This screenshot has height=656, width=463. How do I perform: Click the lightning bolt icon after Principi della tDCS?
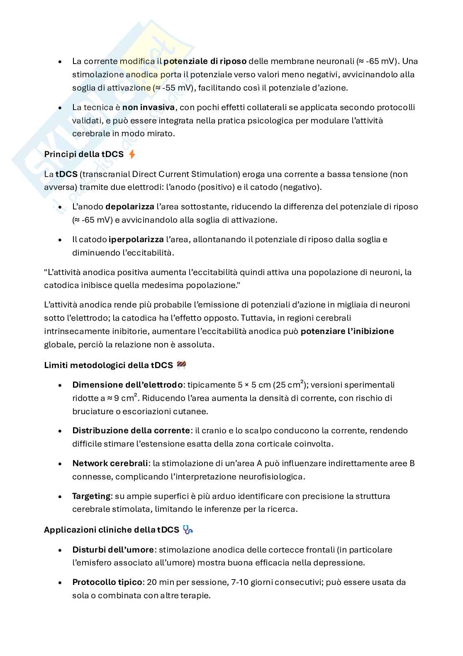132,155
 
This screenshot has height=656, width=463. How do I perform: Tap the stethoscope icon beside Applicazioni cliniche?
188,530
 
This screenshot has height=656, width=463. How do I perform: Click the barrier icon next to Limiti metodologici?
181,365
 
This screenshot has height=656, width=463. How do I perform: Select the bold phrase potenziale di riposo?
205,61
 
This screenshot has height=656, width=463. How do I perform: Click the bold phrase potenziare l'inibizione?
347,331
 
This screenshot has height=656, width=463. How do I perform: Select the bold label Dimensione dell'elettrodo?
127,385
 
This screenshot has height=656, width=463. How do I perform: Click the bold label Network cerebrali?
110,463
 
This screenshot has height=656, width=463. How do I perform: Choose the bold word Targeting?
91,496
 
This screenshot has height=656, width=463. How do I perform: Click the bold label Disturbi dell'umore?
113,550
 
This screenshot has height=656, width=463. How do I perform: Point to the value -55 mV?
176,88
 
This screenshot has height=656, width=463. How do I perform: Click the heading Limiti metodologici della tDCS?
108,365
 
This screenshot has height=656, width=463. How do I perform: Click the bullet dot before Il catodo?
60,240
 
